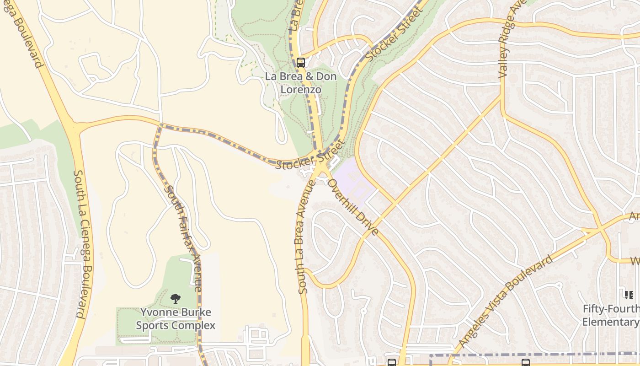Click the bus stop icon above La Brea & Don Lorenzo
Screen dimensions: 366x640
click(x=300, y=63)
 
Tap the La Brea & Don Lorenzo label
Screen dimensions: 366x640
click(x=301, y=83)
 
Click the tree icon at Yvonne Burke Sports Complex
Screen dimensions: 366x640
click(x=175, y=299)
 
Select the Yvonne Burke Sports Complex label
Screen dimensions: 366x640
click(x=176, y=319)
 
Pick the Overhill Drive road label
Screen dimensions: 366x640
click(x=353, y=207)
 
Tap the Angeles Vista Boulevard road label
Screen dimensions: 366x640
click(x=505, y=301)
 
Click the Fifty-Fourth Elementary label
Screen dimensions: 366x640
click(x=611, y=316)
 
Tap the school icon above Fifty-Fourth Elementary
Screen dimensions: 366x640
click(x=629, y=295)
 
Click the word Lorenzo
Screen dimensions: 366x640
click(x=300, y=89)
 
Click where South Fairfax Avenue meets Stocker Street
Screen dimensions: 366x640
click(x=160, y=125)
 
